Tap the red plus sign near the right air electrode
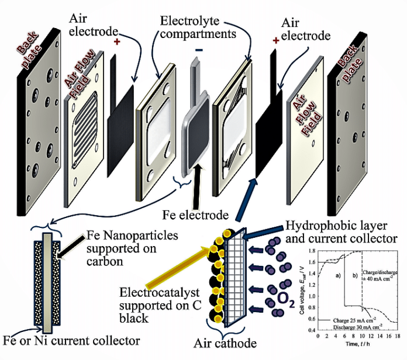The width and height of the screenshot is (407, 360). pos(275,40)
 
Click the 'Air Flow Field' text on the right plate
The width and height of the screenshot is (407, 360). pos(303,117)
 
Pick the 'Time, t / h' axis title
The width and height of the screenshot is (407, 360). pos(357,345)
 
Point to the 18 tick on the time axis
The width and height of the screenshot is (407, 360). pos(398,338)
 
